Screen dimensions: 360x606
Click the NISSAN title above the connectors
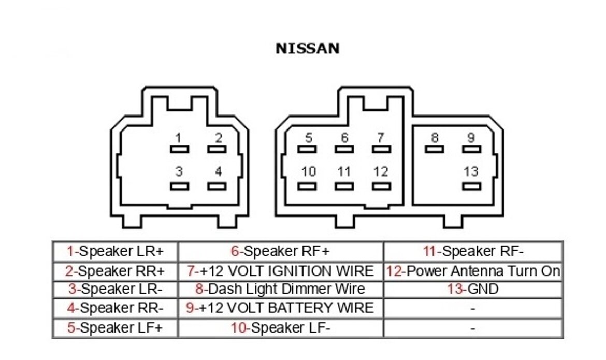pyautogui.click(x=307, y=49)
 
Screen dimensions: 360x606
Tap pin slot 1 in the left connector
pyautogui.click(x=179, y=149)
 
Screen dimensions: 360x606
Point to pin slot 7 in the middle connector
pyautogui.click(x=381, y=149)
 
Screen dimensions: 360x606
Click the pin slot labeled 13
pyautogui.click(x=471, y=186)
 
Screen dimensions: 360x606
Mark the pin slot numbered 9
pyautogui.click(x=471, y=149)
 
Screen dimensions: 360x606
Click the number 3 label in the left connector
pyautogui.click(x=179, y=171)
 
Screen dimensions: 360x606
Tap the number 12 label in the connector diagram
pyautogui.click(x=381, y=171)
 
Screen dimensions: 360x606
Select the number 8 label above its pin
pyautogui.click(x=435, y=138)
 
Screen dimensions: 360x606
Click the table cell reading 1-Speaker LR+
pyautogui.click(x=115, y=252)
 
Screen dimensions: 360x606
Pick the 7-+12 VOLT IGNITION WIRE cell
pyautogui.click(x=280, y=271)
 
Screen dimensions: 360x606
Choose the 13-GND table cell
pyautogui.click(x=472, y=289)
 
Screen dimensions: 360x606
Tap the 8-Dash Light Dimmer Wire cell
pyautogui.click(x=280, y=289)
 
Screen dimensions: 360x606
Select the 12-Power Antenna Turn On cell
pyautogui.click(x=472, y=271)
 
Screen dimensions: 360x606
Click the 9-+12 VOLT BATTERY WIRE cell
pyautogui.click(x=280, y=308)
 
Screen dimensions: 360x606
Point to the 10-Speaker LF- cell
pyautogui.click(x=280, y=328)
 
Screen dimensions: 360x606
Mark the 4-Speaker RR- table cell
pyautogui.click(x=115, y=308)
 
